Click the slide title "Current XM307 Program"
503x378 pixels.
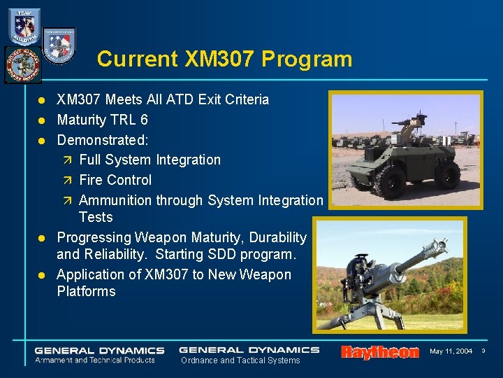(224, 59)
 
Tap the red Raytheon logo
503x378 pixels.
(379, 352)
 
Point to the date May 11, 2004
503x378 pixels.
(451, 351)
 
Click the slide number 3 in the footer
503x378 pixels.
(484, 351)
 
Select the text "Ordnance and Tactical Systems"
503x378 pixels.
(240, 360)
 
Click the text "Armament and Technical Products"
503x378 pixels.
(95, 360)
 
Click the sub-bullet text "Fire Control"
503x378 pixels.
(115, 180)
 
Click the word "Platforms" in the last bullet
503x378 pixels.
(86, 291)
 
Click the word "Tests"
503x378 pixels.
(96, 217)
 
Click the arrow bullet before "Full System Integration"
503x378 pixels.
(68, 160)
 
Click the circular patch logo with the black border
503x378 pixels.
(22, 64)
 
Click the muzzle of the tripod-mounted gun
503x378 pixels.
(441, 245)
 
